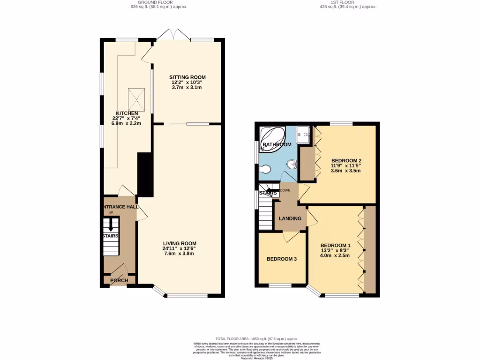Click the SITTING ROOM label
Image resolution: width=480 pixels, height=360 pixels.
187,77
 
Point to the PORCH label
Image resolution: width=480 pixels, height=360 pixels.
119,280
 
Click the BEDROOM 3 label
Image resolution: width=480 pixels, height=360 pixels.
282,259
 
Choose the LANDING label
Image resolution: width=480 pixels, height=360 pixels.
289,218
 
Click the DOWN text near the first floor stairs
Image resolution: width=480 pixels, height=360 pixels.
285,190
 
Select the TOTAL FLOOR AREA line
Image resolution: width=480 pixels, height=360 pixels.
256,339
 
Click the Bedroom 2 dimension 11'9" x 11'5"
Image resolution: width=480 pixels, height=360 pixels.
346,165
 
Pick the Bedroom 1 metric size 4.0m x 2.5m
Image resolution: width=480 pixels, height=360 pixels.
335,255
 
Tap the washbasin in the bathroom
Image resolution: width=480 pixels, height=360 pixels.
292,164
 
